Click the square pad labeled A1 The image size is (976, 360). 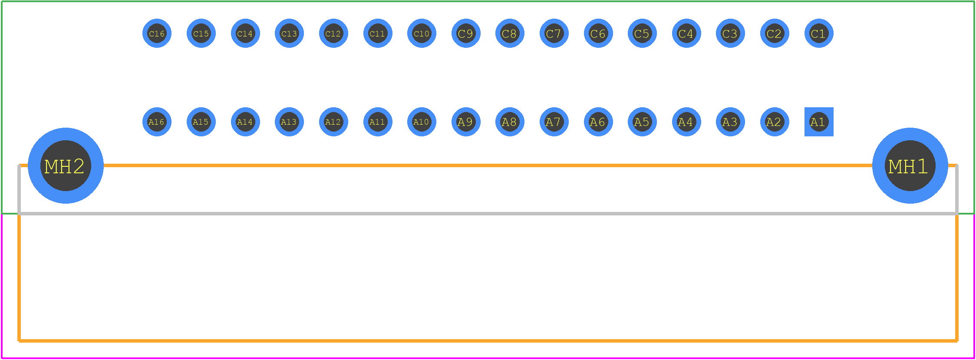(819, 122)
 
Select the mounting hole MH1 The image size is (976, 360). (910, 165)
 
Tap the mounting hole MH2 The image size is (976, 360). (66, 165)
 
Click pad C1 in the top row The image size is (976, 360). (819, 33)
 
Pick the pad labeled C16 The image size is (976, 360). (157, 33)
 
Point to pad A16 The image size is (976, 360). (157, 122)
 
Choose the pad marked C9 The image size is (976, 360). (466, 33)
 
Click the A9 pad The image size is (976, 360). (466, 122)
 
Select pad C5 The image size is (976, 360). (642, 33)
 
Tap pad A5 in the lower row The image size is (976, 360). (642, 122)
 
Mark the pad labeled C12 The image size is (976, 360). (333, 33)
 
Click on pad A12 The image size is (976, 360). (333, 122)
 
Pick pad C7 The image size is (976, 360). (554, 33)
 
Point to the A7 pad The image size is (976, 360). (554, 122)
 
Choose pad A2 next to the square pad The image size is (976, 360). (775, 122)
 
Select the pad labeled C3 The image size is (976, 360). (730, 33)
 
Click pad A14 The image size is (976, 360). (245, 122)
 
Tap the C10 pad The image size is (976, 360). (422, 33)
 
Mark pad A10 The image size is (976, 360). (422, 122)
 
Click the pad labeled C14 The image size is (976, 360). (245, 33)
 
